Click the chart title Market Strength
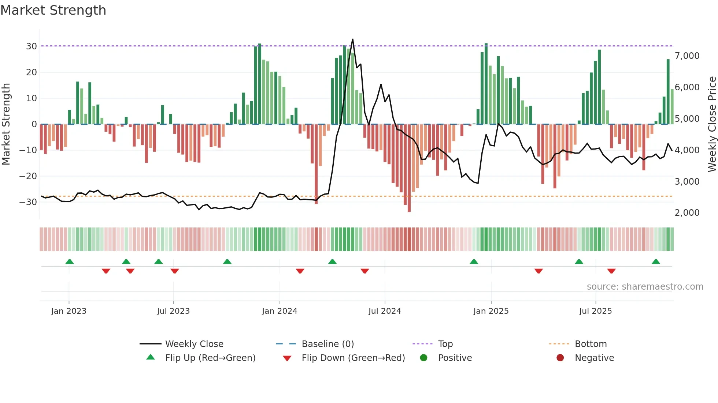[x=53, y=10]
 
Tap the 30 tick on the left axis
[x=32, y=46]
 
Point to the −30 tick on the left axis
[x=28, y=202]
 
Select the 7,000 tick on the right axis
[x=687, y=56]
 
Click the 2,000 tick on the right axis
[x=687, y=212]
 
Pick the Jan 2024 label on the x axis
[x=280, y=311]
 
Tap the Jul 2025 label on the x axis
[x=595, y=311]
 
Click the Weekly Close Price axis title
[x=712, y=124]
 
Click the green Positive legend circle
[x=424, y=358]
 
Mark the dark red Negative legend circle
[x=560, y=358]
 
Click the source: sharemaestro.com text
[x=645, y=287]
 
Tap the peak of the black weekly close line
[x=353, y=39]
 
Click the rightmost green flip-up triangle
[x=656, y=261]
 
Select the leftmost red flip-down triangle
[x=106, y=271]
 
